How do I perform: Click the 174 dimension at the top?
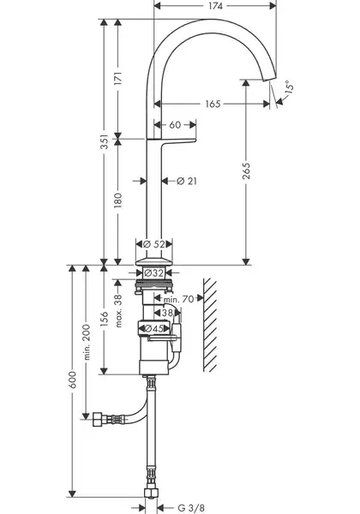215,6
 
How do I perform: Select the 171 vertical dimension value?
118,79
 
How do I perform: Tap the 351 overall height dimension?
104,141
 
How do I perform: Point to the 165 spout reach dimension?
213,104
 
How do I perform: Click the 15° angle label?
289,87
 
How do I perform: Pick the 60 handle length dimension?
176,124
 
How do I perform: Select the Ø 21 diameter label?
187,181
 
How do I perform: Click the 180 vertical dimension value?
118,200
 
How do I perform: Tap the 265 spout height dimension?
246,170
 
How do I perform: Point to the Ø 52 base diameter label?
154,244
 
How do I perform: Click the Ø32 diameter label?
153,272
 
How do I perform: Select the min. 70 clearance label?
178,299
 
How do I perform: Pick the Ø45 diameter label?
153,328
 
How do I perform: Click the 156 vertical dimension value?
104,319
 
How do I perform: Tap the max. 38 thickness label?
118,311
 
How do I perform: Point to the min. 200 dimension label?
87,342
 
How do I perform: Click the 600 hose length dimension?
73,380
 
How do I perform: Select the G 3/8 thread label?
191,508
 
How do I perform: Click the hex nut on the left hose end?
98,419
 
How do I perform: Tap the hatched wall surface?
210,325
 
